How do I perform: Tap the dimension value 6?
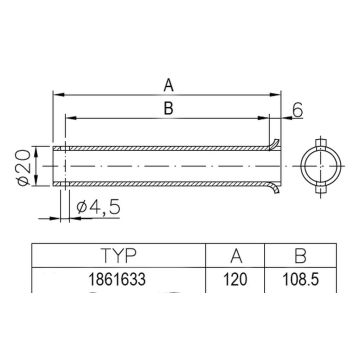(299, 111)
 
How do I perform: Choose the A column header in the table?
(236, 256)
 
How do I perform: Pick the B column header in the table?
(299, 256)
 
